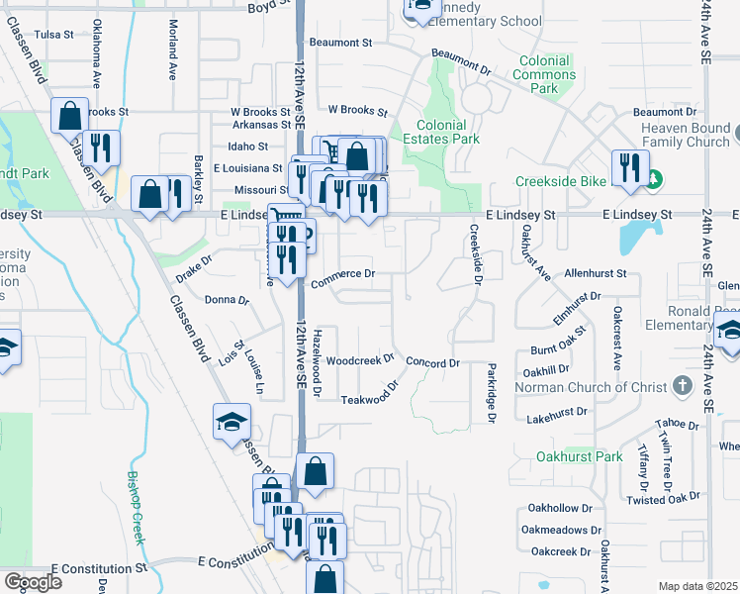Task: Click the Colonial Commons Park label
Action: (x=544, y=74)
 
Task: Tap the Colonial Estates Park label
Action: (x=447, y=133)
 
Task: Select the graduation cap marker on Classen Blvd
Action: (x=231, y=422)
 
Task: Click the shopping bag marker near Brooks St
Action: (x=70, y=116)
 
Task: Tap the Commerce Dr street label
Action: (x=343, y=277)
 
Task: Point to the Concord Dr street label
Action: (x=432, y=363)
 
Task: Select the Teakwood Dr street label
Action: (x=371, y=394)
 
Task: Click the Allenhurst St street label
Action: (x=595, y=272)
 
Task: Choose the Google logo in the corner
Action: (x=33, y=582)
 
